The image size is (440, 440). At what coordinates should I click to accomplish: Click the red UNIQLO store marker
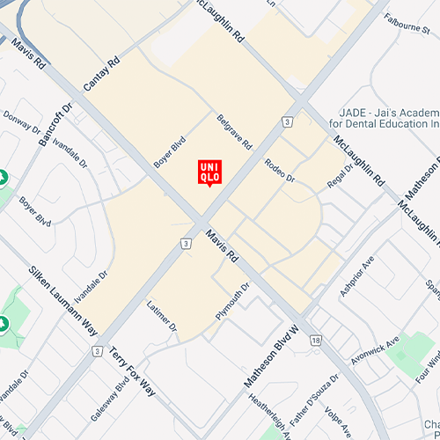(x=209, y=172)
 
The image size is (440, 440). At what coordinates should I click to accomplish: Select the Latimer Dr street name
(x=161, y=317)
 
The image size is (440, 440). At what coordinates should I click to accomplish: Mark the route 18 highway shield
(x=315, y=339)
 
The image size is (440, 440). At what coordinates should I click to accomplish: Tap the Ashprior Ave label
(x=358, y=277)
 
